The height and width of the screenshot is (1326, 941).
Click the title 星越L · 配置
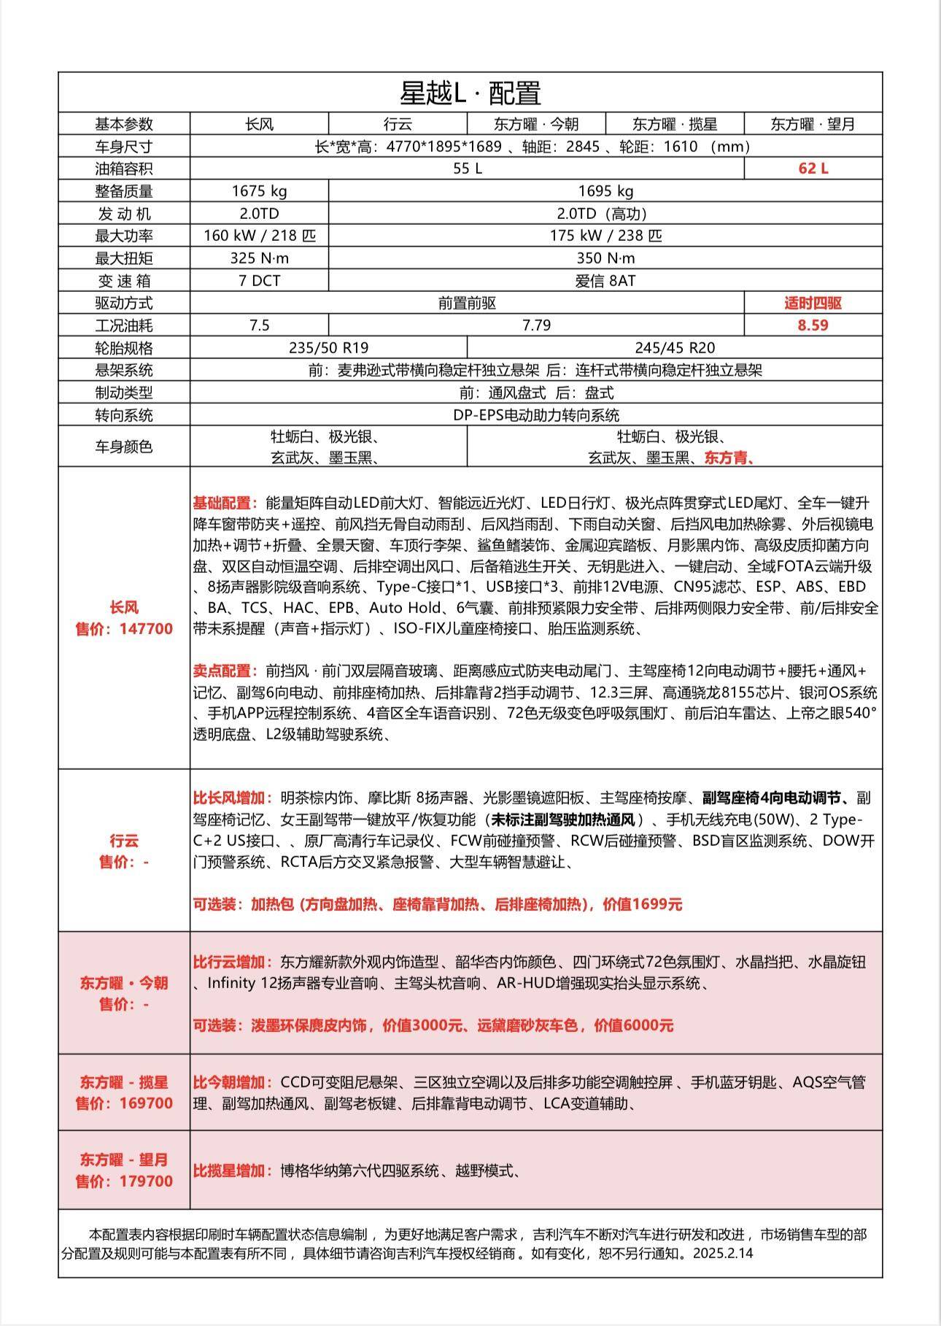(x=470, y=93)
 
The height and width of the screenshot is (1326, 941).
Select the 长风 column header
(x=259, y=124)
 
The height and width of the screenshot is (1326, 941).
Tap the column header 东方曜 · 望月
(x=813, y=124)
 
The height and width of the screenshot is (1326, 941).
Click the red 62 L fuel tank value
(x=813, y=169)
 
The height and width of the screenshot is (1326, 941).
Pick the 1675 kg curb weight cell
(x=259, y=191)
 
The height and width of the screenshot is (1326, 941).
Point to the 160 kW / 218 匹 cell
(x=259, y=236)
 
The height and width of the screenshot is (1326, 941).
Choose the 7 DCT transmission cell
(x=259, y=281)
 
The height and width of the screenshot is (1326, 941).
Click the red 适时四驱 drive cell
(x=813, y=303)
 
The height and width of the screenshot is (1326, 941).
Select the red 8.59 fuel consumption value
(x=813, y=325)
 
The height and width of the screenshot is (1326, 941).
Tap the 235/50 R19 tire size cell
(x=328, y=348)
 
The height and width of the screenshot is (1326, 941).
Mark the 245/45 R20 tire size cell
(x=675, y=348)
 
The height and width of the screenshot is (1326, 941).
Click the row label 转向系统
(x=124, y=415)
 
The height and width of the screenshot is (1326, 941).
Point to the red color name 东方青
(x=728, y=458)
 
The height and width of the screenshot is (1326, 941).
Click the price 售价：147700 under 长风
(x=124, y=629)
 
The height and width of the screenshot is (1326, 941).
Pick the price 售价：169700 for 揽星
(x=124, y=1103)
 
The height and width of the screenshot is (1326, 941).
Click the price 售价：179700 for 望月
(x=124, y=1182)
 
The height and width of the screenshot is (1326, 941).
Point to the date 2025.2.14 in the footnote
(x=724, y=1253)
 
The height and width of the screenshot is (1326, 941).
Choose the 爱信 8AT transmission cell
(x=605, y=281)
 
